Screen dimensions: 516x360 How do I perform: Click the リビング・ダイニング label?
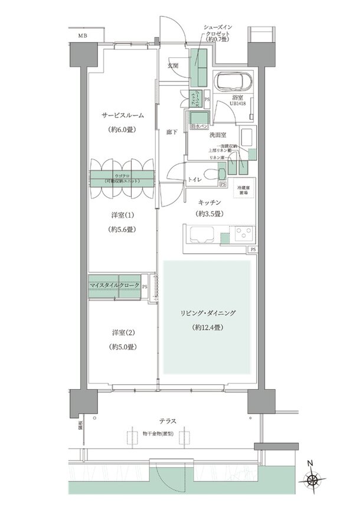207,313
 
